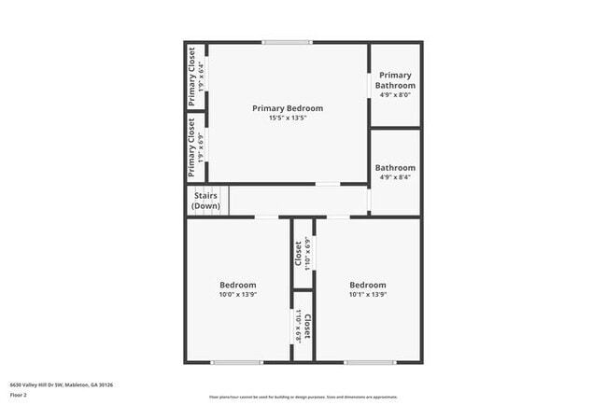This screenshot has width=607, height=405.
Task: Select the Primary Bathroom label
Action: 395,80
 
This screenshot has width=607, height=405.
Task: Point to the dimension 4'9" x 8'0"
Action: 395,95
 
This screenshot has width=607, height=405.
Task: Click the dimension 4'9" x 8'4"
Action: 395,177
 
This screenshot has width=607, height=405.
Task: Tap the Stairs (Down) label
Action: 205,201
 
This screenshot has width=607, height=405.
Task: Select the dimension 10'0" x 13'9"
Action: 238,295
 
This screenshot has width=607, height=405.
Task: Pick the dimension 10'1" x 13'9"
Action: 368,295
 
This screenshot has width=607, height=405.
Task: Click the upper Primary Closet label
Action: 192,72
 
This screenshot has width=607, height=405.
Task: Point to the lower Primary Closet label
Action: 192,146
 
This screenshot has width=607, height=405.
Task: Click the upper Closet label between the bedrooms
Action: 299,253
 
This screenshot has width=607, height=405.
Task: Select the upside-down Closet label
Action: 306,328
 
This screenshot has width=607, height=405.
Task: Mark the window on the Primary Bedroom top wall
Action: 286,42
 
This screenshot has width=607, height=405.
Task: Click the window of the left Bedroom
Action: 236,362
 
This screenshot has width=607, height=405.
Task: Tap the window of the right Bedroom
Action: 370,362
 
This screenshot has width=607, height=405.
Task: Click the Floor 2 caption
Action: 20,395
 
